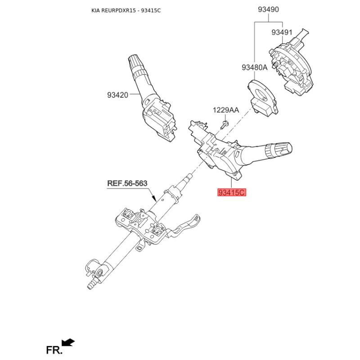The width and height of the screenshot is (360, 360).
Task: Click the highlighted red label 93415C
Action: point(232,193)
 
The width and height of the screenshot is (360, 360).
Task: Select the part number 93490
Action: point(268,9)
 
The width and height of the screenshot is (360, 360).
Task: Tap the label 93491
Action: point(282,32)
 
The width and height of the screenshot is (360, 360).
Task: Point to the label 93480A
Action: point(254,67)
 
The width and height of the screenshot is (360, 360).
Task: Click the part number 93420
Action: point(117,95)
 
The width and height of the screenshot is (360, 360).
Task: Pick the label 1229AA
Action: point(226,110)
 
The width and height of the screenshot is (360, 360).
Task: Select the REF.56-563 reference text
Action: point(127,183)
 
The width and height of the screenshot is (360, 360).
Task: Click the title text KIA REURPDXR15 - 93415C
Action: point(126,10)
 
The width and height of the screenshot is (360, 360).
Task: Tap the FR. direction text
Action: point(54,350)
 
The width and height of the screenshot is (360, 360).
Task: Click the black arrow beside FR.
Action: point(68,342)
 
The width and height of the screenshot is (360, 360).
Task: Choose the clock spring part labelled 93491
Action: point(291,62)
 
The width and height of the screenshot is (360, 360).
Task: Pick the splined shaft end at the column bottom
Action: point(91,284)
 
